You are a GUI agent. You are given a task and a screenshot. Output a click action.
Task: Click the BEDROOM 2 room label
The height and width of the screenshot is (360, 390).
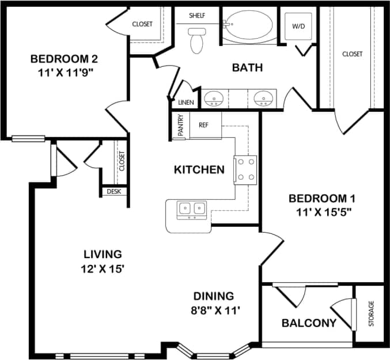(x=64, y=59)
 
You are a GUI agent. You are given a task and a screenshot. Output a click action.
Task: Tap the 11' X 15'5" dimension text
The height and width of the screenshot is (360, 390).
(x=320, y=211)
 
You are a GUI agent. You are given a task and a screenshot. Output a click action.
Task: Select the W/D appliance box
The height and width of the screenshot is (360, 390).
(x=298, y=26)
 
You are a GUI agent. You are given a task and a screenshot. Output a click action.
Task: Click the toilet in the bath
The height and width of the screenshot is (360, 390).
(x=196, y=41)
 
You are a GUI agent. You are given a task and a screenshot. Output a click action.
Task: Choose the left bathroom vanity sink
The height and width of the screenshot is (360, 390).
(x=214, y=98)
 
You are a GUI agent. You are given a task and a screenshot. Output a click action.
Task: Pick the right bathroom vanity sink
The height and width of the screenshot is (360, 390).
(x=263, y=98)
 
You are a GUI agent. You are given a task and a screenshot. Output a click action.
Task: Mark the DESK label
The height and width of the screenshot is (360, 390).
(x=114, y=191)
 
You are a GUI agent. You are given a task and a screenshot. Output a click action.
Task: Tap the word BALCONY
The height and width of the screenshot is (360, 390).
(x=308, y=323)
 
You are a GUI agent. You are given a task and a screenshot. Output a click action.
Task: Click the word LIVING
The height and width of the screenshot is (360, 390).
(x=103, y=253)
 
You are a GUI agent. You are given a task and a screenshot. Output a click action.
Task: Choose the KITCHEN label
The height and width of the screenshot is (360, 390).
(x=199, y=170)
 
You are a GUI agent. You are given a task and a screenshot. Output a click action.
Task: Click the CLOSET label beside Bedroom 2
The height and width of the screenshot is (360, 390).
(x=142, y=24)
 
